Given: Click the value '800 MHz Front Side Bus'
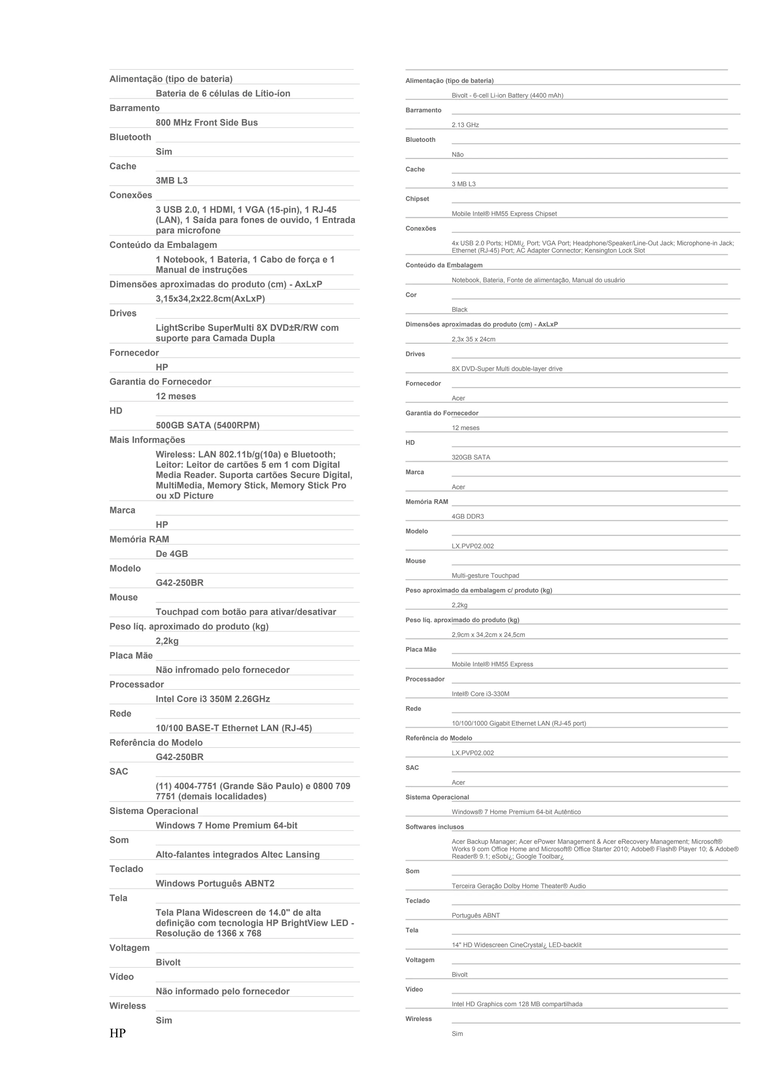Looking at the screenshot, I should pyautogui.click(x=207, y=122).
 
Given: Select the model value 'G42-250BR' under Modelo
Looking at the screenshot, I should pyautogui.click(x=180, y=582).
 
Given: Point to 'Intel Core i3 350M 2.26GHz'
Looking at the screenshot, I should pyautogui.click(x=213, y=699).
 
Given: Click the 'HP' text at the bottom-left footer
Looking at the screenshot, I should pyautogui.click(x=117, y=1033).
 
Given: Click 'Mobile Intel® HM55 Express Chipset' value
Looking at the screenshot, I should pyautogui.click(x=504, y=214).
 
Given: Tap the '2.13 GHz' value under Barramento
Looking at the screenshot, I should pyautogui.click(x=465, y=125).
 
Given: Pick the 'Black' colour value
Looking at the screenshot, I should pyautogui.click(x=459, y=310).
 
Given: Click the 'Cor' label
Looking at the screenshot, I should pyautogui.click(x=411, y=295).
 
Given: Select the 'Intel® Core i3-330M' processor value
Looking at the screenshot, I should pyautogui.click(x=480, y=694).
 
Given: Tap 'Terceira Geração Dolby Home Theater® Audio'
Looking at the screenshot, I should pyautogui.click(x=518, y=886).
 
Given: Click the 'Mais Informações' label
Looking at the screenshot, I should pyautogui.click(x=147, y=440).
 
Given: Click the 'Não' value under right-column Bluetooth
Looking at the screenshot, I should pyautogui.click(x=458, y=155).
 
